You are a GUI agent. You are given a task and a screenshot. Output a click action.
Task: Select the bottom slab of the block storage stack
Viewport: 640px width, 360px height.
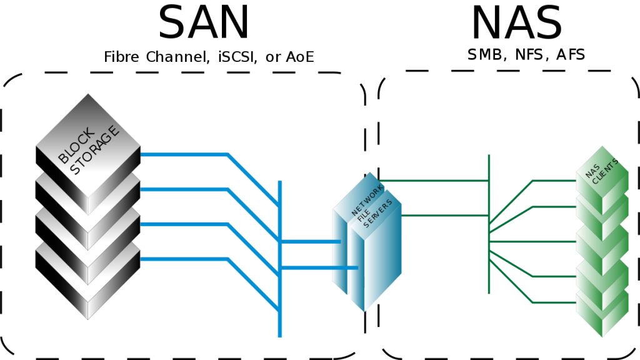tap(88, 294)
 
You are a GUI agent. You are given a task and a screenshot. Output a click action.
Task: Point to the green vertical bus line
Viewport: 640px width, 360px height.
tap(489, 275)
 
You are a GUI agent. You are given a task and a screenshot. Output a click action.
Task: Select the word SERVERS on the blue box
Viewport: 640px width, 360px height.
tap(378, 214)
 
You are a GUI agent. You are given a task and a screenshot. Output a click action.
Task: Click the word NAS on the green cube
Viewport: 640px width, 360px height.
tap(592, 171)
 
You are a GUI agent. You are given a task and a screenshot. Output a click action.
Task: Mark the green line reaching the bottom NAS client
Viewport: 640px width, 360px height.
tap(553, 303)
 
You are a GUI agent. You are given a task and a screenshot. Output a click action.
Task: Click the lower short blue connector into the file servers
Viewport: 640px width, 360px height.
tap(319, 267)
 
